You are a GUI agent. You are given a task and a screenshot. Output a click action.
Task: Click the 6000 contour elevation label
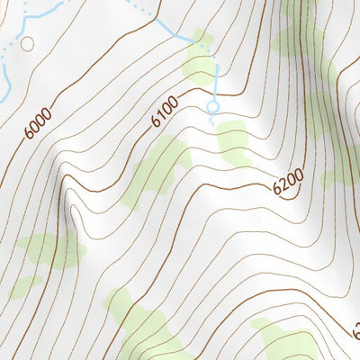(38, 122)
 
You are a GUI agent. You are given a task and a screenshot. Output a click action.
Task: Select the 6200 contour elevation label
(287, 184)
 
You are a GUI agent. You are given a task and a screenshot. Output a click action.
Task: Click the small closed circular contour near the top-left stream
(26, 43)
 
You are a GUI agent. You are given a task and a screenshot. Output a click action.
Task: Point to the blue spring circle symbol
(213, 106)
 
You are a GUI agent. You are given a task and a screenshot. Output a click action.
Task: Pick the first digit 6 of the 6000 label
(30, 133)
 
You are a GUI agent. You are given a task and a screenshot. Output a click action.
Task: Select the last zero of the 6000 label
(46, 112)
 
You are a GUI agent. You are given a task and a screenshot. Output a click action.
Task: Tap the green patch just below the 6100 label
(157, 166)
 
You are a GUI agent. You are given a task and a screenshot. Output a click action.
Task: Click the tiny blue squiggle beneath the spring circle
(212, 119)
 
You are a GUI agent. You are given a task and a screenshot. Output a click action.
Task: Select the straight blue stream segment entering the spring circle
(217, 85)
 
